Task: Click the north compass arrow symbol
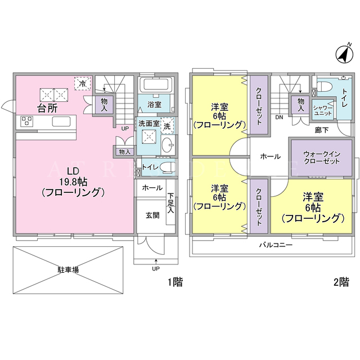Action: click(x=344, y=54)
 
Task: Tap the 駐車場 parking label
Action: click(x=68, y=270)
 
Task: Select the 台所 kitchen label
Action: click(x=47, y=108)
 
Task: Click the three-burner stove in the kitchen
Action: click(x=27, y=121)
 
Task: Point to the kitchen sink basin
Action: click(x=61, y=121)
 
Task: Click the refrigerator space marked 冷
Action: click(x=83, y=84)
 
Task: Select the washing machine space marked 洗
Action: click(x=167, y=126)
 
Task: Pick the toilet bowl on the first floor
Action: click(x=168, y=167)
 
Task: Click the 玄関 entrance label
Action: click(x=152, y=215)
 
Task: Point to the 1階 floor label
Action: click(x=175, y=282)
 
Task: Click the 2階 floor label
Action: click(x=341, y=282)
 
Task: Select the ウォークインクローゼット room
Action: click(x=321, y=157)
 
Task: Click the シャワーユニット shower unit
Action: click(x=323, y=110)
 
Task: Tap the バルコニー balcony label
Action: click(x=276, y=245)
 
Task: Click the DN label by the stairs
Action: click(x=279, y=118)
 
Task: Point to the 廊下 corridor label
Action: click(x=321, y=130)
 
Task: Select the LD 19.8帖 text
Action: click(x=73, y=176)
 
